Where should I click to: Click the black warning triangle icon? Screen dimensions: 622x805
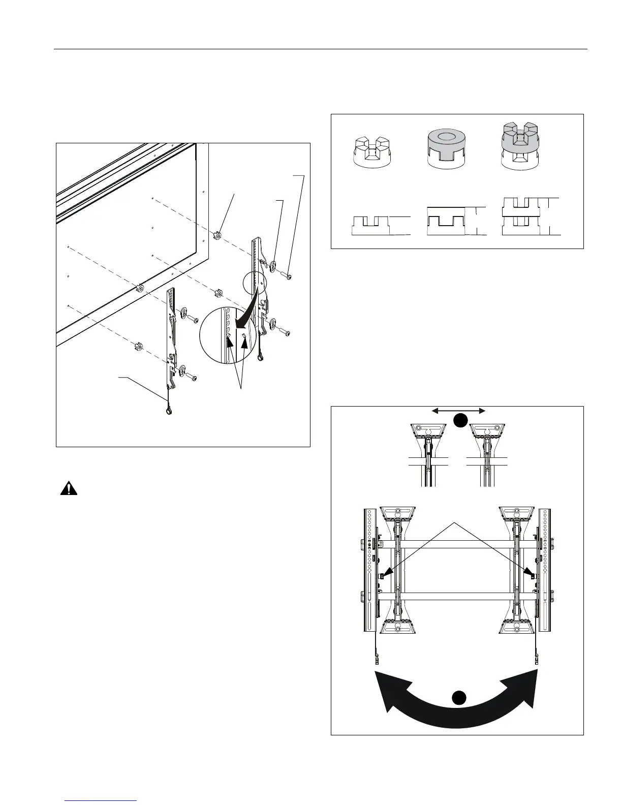click(68, 488)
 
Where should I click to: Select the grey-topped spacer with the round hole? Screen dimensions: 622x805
click(448, 147)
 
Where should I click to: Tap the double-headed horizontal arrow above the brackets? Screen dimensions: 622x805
click(459, 411)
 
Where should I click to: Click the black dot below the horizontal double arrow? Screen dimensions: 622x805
click(460, 421)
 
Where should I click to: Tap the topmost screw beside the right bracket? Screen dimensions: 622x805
click(287, 275)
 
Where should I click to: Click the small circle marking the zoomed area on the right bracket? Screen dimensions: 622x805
click(254, 283)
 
